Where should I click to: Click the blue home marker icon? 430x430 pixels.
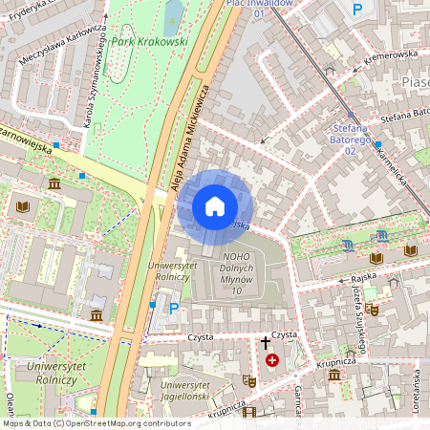coord(215,206)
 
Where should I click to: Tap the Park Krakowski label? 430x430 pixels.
coord(149,42)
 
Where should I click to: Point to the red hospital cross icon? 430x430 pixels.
coord(273,360)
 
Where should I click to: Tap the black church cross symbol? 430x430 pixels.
coord(266,342)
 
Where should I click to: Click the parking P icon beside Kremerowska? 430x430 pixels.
coord(357,10)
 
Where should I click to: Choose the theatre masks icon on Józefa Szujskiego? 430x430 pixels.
coord(374,310)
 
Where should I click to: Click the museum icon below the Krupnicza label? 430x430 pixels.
coord(334,375)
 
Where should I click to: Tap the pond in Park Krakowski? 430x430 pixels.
coord(174,15)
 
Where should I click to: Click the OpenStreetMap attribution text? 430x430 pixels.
coord(96,423)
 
